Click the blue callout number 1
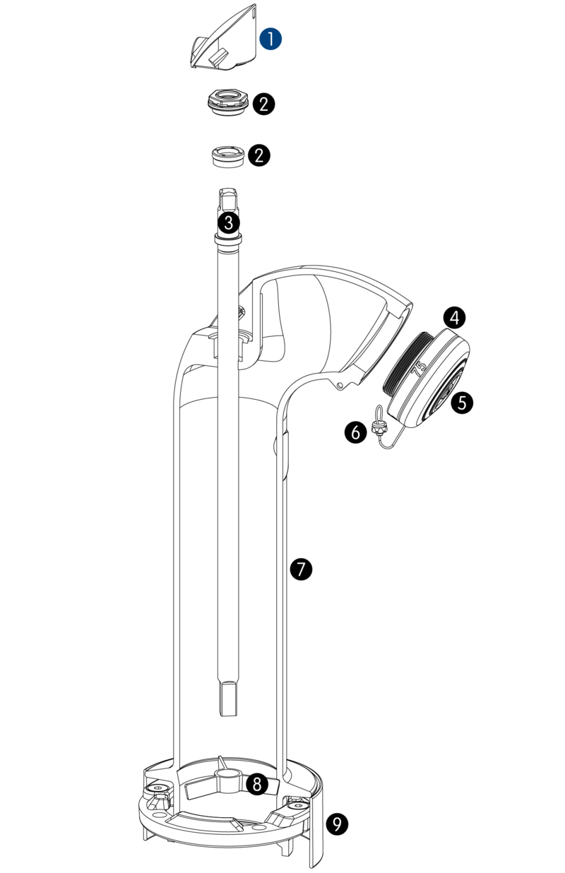coord(270,39)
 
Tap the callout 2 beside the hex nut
coord(264,104)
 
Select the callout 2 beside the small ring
coord(258,155)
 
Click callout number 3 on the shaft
coord(229,223)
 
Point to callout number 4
coord(454,318)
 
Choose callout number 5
coord(462,402)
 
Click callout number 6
coord(356,432)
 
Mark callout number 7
coord(301,570)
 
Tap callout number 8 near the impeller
coord(257,783)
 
